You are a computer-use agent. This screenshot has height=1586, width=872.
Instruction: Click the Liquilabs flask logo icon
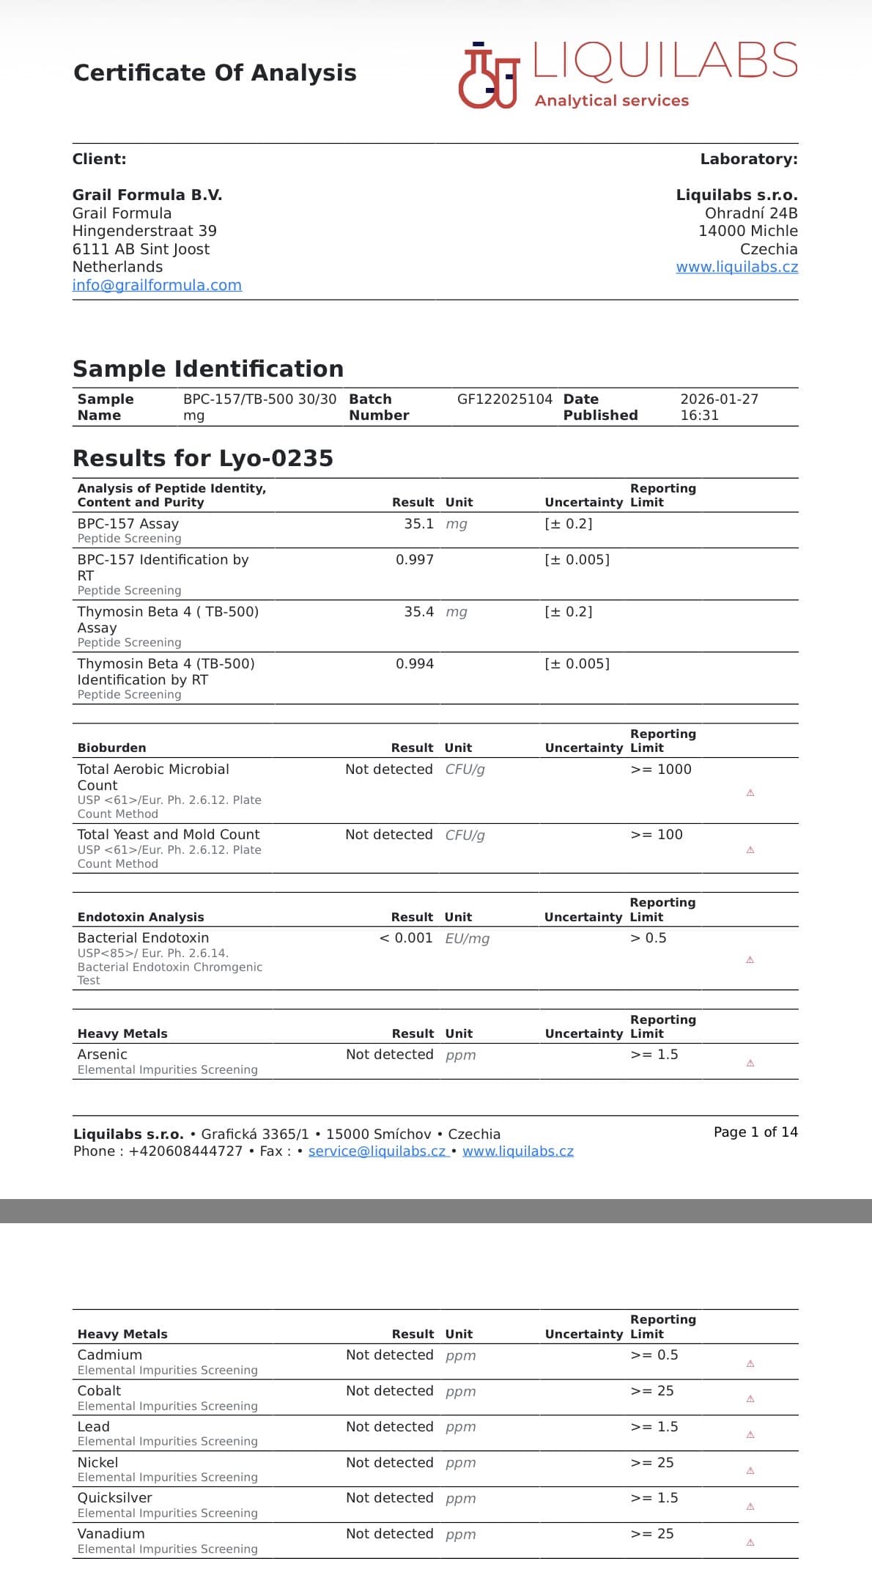(488, 75)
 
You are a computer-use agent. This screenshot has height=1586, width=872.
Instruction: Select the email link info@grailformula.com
(157, 285)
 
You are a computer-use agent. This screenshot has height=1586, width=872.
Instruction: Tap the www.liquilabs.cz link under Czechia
(736, 267)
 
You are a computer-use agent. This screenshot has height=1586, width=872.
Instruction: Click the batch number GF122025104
(504, 399)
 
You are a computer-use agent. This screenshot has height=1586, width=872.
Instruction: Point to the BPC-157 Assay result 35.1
(418, 524)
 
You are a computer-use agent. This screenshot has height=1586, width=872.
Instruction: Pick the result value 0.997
(414, 560)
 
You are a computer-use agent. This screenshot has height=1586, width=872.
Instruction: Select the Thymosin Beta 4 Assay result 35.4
(418, 612)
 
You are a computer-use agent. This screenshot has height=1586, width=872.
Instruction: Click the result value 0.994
(414, 664)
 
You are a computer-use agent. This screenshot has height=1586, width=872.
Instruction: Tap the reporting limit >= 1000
(660, 770)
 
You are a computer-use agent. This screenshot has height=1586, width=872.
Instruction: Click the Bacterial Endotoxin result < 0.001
(405, 938)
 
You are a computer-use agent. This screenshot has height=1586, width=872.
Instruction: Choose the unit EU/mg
(467, 939)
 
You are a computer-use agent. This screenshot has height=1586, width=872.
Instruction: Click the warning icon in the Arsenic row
(750, 1063)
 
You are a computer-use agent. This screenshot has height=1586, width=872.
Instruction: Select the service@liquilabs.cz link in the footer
(377, 1151)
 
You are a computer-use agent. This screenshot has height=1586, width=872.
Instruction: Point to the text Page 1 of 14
(755, 1132)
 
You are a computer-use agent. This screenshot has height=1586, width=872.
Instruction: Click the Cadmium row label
(110, 1355)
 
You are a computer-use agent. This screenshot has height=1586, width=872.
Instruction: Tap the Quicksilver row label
(115, 1498)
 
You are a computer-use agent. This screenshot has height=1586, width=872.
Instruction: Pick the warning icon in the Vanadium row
(750, 1542)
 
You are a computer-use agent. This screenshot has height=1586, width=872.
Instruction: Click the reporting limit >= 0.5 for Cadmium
(654, 1355)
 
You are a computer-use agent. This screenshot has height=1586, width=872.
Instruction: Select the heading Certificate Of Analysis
(215, 73)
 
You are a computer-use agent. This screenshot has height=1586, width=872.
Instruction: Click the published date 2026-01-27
(719, 399)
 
